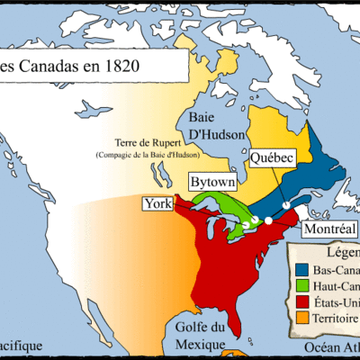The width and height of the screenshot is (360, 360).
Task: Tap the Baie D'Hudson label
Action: (210, 126)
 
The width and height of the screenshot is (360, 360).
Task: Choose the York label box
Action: (157, 204)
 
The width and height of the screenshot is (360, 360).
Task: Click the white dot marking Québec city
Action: (286, 205)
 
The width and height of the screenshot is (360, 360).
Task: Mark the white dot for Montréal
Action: (268, 217)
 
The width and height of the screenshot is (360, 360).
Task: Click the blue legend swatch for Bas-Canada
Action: (300, 271)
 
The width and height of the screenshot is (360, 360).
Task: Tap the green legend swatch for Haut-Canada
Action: (300, 287)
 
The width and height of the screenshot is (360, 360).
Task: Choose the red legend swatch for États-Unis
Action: (300, 303)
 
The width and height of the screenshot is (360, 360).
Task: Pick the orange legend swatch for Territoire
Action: (300, 319)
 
